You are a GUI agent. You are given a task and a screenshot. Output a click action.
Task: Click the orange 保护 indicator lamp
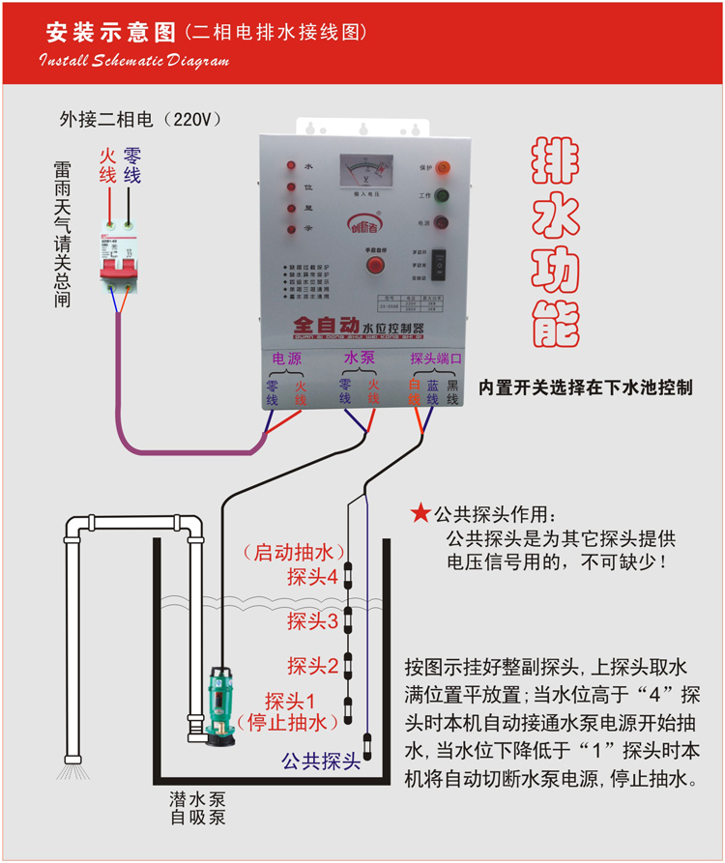click(444, 167)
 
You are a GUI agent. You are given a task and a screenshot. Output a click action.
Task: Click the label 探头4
click(312, 578)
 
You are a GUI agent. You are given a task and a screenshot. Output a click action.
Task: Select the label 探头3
click(312, 621)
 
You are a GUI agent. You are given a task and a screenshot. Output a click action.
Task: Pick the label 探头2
click(312, 666)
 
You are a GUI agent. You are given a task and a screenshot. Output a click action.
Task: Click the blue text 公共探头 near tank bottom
click(321, 761)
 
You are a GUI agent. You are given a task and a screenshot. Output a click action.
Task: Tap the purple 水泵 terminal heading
click(360, 359)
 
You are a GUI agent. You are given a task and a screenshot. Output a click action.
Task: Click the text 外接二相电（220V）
click(141, 120)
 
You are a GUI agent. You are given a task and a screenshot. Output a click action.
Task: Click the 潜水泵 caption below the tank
click(197, 800)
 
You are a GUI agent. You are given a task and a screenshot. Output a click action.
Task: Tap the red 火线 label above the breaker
click(107, 165)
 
